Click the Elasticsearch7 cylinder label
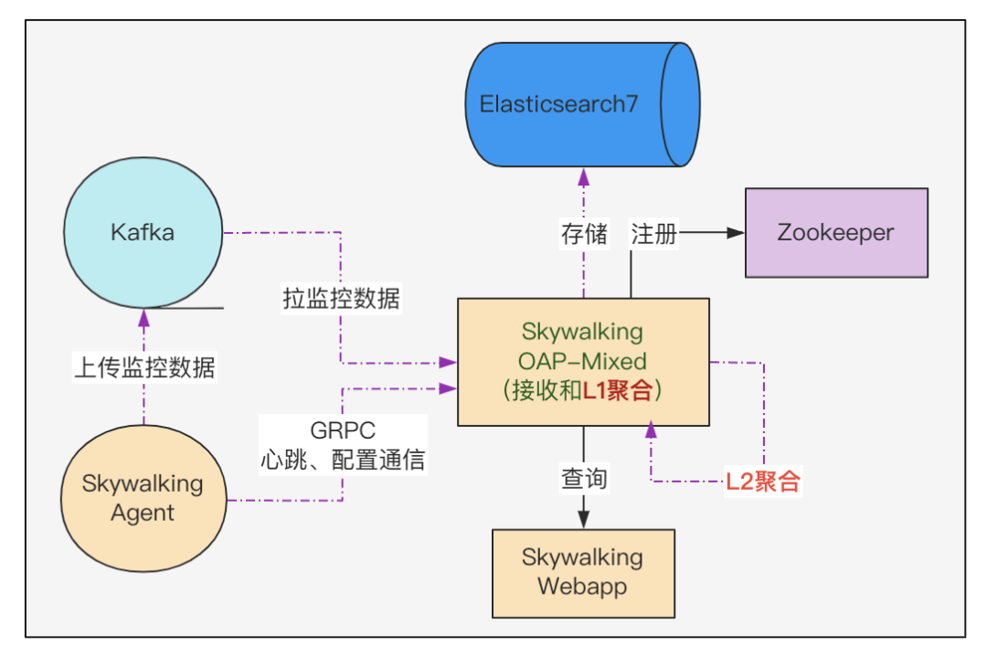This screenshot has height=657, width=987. (x=558, y=103)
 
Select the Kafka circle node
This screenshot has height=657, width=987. (x=143, y=232)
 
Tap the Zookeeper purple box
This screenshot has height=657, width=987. (x=835, y=232)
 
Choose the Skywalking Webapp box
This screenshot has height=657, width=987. (x=582, y=572)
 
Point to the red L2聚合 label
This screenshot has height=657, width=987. (x=763, y=482)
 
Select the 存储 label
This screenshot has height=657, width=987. (x=583, y=233)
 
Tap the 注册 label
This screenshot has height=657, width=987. (x=653, y=233)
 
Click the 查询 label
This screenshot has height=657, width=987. (x=583, y=478)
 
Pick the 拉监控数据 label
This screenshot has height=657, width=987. (x=341, y=299)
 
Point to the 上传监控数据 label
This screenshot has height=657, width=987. (x=143, y=367)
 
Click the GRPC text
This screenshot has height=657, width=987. (x=343, y=430)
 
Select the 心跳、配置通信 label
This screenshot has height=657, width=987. (x=343, y=460)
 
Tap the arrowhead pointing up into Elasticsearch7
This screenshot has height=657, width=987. (x=583, y=176)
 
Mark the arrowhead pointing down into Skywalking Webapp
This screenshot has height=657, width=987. (x=583, y=520)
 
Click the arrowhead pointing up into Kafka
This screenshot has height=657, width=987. (x=143, y=318)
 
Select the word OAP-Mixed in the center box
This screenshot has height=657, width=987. (x=582, y=360)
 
